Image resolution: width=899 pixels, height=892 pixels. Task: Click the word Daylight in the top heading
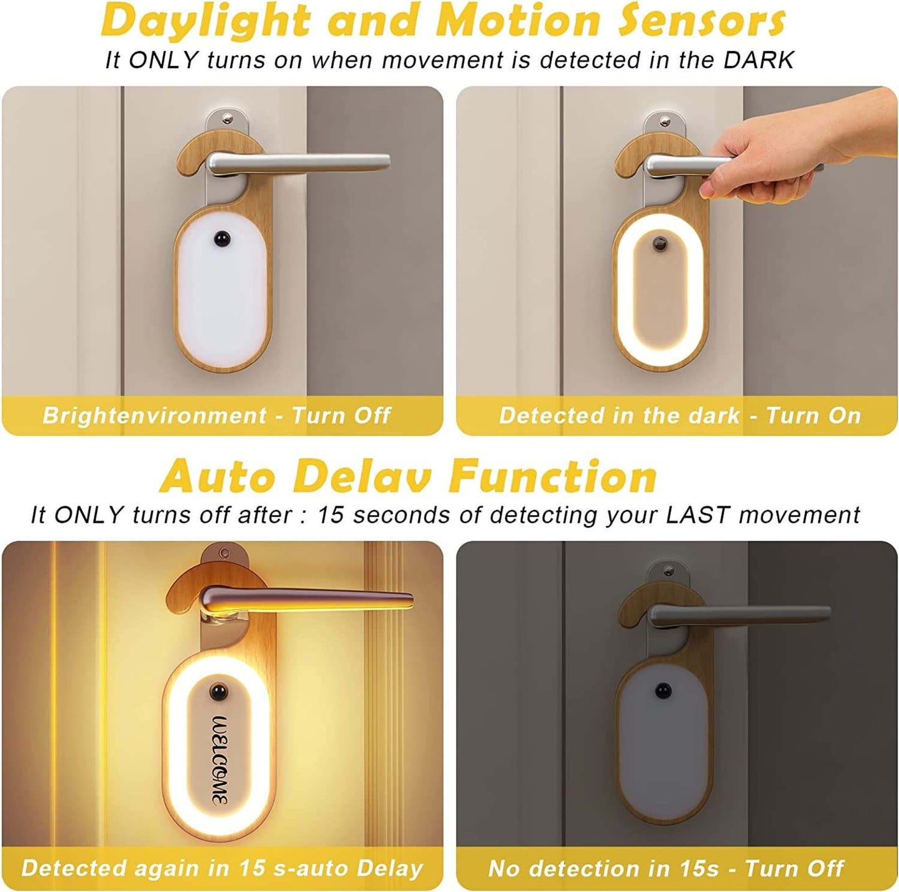(x=206, y=20)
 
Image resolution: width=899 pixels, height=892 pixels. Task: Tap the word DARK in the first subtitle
(x=760, y=61)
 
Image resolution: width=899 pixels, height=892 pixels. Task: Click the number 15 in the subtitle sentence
(x=330, y=515)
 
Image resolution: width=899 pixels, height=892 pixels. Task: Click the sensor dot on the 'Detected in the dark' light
(x=659, y=243)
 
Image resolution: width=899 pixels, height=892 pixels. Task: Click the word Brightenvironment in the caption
(x=154, y=415)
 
